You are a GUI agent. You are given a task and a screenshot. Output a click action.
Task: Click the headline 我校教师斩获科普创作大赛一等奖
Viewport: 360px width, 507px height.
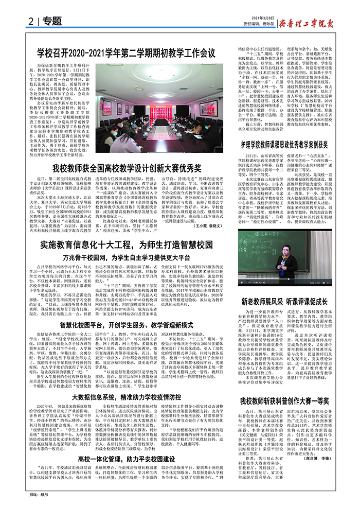tap(290, 400)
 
